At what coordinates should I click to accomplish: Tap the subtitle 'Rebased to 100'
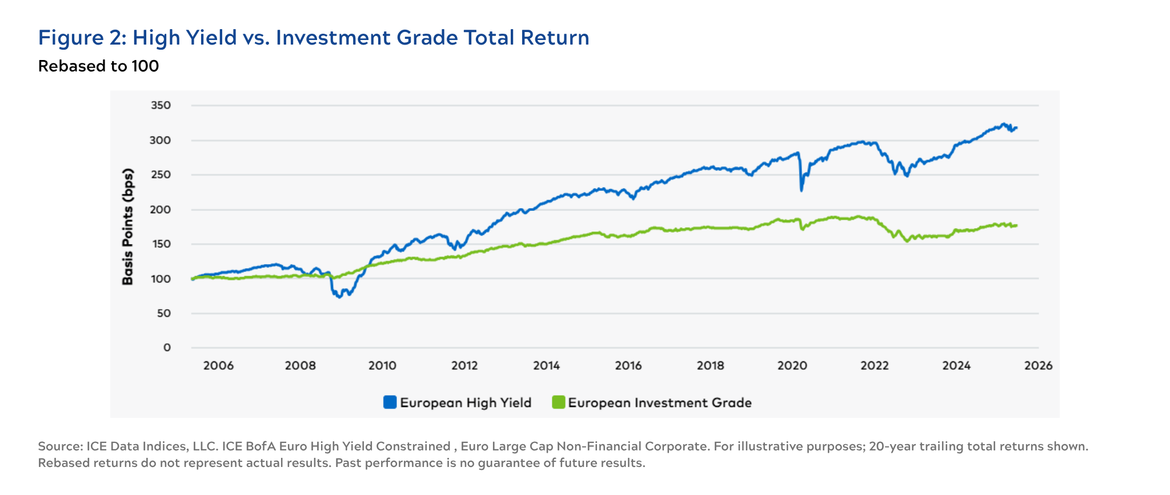pyautogui.click(x=98, y=66)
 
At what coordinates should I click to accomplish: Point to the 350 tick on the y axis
pyautogui.click(x=161, y=105)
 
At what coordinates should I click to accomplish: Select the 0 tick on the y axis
pyautogui.click(x=167, y=348)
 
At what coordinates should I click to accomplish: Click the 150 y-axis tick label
pyautogui.click(x=161, y=244)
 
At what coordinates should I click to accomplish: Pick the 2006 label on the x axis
pyautogui.click(x=218, y=366)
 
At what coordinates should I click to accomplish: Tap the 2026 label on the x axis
pyautogui.click(x=1038, y=366)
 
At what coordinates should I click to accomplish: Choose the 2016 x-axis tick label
pyautogui.click(x=628, y=366)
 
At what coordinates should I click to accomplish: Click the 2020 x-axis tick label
pyautogui.click(x=792, y=366)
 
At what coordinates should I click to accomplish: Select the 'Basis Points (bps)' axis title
pyautogui.click(x=128, y=227)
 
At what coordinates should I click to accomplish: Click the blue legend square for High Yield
pyautogui.click(x=390, y=402)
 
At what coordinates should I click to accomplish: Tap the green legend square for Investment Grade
pyautogui.click(x=558, y=402)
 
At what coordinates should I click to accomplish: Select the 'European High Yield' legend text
pyautogui.click(x=466, y=402)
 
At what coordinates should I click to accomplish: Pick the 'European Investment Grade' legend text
pyautogui.click(x=660, y=402)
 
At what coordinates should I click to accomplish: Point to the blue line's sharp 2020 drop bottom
pyautogui.click(x=802, y=190)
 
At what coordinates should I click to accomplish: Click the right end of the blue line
pyautogui.click(x=1016, y=128)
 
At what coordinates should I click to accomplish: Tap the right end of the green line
pyautogui.click(x=1016, y=225)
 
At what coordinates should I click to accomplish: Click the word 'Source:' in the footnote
pyautogui.click(x=60, y=446)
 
